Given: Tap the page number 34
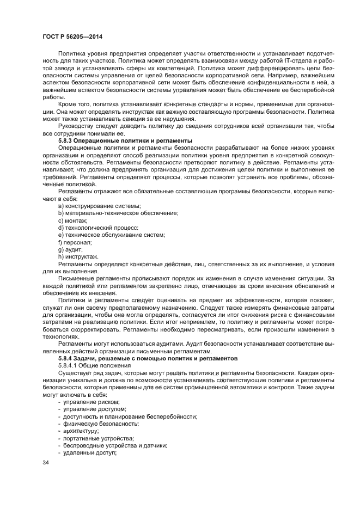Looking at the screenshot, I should point(45,463).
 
